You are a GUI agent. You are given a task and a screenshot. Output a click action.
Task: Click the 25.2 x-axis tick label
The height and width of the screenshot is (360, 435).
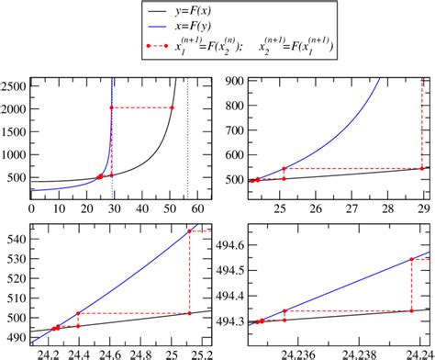(x=201, y=352)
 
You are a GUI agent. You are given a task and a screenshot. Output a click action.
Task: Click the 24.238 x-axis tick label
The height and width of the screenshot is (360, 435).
(x=358, y=352)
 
